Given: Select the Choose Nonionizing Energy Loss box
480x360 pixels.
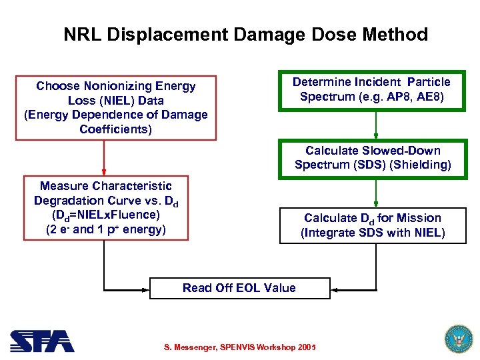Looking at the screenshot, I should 116,107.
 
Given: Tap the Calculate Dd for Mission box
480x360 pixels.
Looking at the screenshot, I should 372,225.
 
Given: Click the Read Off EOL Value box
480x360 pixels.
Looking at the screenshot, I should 239,288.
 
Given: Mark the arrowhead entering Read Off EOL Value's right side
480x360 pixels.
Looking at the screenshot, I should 335,289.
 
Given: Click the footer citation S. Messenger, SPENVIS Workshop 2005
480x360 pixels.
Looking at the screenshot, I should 239,347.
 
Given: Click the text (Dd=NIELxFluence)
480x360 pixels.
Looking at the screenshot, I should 105,215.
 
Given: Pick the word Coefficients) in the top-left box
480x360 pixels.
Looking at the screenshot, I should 115,129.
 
